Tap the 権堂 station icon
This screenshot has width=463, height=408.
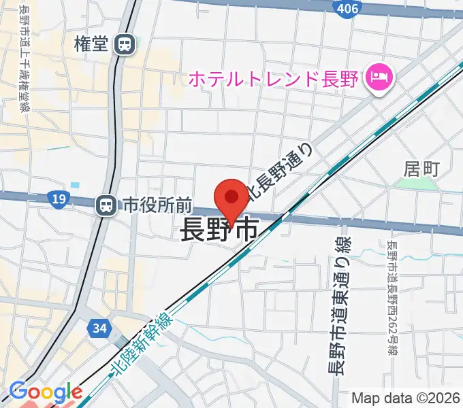coord(124,45)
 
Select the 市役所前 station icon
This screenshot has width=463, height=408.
coord(106,204)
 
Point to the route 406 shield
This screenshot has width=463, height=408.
coord(348,7)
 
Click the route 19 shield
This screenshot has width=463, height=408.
coord(58,199)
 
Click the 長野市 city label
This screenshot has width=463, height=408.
coord(219,231)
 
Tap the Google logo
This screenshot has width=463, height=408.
coord(45,392)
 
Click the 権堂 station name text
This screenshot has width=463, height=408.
coord(92,45)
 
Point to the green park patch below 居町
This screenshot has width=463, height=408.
coord(425,184)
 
